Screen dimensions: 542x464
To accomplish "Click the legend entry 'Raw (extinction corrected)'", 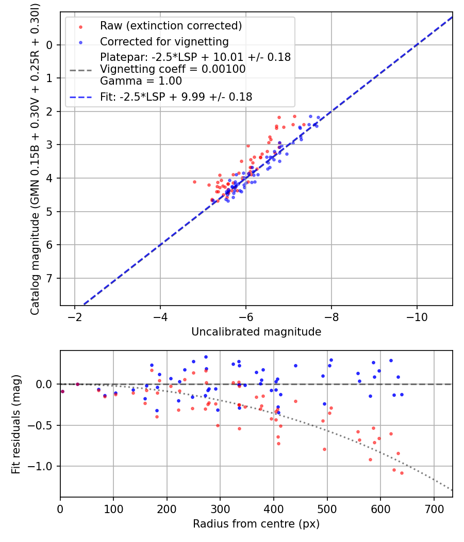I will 171,26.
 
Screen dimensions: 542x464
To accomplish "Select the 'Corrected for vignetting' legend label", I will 164,41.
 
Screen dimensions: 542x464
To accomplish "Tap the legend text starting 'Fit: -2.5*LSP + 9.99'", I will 176,97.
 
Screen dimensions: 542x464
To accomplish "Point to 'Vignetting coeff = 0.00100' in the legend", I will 173,69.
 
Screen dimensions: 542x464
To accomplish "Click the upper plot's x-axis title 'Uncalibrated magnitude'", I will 256,332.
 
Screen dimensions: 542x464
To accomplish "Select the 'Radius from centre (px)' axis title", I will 256,524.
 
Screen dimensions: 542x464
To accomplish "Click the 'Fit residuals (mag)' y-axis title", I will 16,424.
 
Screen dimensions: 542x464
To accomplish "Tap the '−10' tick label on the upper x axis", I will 417,316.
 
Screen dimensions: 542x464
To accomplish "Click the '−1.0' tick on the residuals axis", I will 43,466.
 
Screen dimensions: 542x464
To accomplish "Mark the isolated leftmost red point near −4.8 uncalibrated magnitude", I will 194,182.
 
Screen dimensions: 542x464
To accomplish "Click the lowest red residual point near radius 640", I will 402,473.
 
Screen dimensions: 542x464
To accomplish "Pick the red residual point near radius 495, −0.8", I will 324,449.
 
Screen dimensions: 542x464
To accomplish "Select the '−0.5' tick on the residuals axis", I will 43,425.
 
